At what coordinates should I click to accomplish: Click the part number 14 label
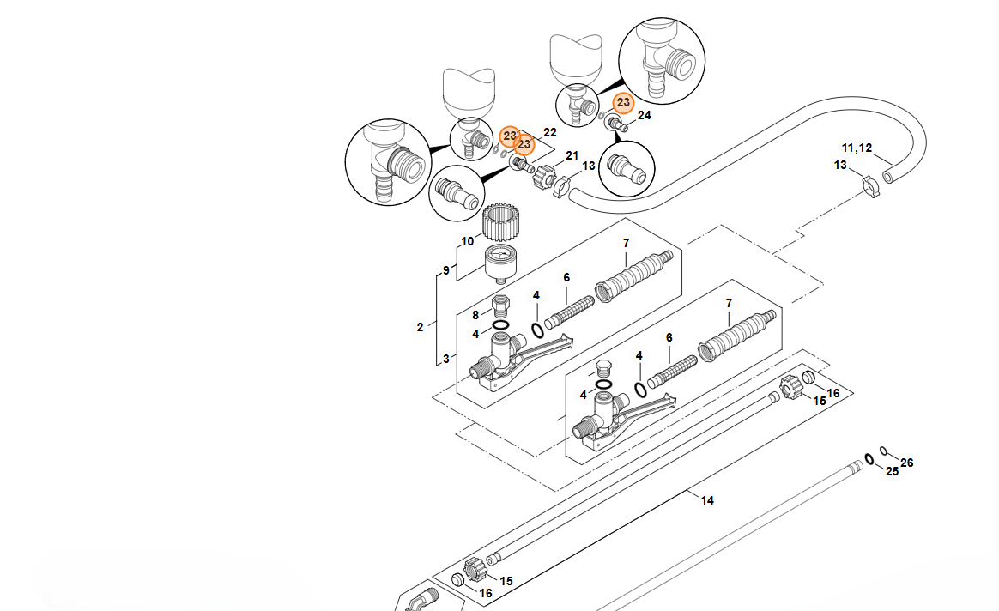click(707, 500)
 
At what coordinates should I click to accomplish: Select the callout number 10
click(467, 242)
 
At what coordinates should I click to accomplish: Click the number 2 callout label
click(420, 327)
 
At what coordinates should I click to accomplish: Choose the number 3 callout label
click(445, 359)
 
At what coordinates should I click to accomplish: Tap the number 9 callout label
click(445, 270)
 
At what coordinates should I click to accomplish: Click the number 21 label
click(572, 155)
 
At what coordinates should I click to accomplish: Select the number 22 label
click(550, 133)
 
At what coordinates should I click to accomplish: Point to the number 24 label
click(645, 115)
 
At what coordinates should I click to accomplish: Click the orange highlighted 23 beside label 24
click(623, 102)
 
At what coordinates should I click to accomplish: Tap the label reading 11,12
click(856, 148)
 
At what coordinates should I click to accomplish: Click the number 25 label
click(892, 472)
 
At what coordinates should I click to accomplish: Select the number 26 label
click(907, 463)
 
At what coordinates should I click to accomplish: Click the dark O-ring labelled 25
click(869, 458)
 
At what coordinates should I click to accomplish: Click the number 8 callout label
click(475, 315)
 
